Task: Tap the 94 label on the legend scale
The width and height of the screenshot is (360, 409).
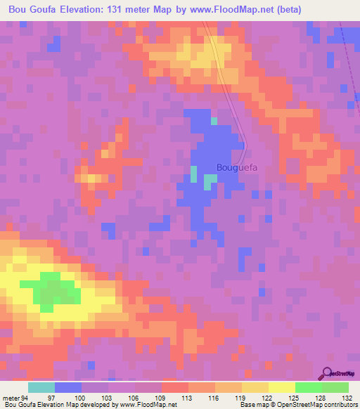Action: [27, 397]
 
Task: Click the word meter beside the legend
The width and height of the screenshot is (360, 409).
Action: [11, 397]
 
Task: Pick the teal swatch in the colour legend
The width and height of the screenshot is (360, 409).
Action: [41, 387]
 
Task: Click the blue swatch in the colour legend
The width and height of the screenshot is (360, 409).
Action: [68, 387]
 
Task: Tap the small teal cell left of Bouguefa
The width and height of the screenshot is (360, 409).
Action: [193, 173]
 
